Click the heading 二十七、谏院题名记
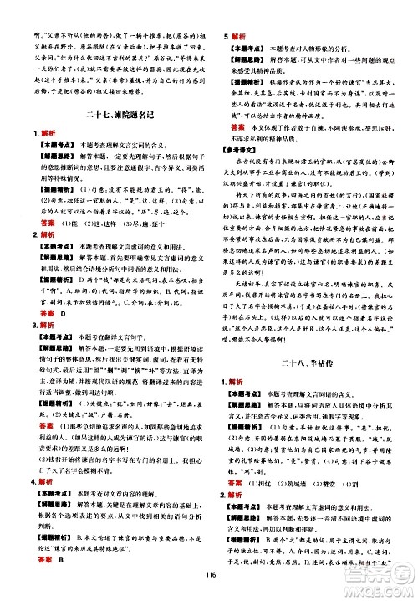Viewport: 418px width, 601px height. point(110,115)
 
